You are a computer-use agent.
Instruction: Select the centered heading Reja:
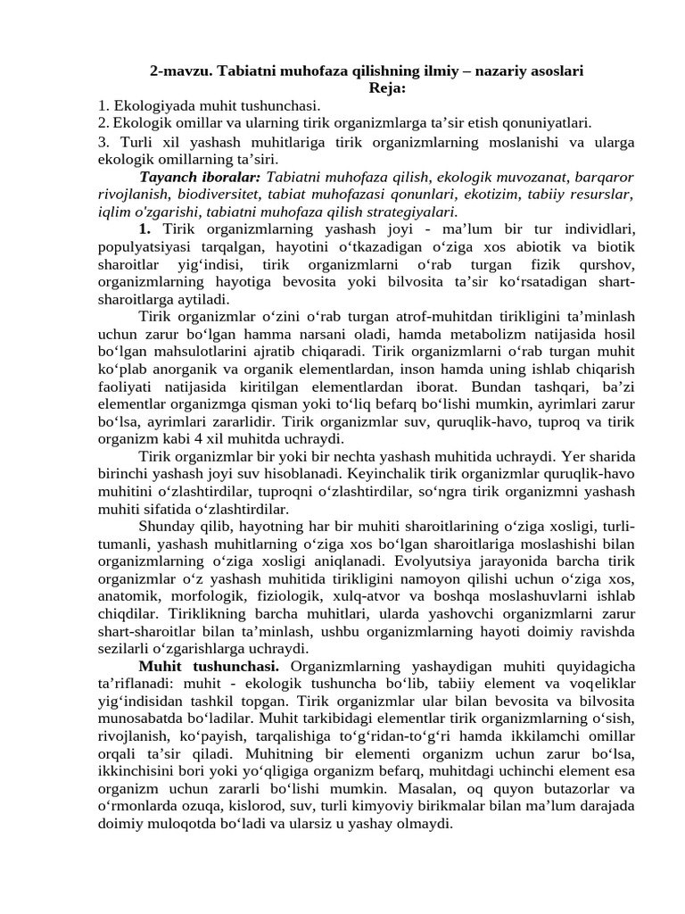(387, 87)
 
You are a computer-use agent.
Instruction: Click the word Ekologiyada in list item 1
(154, 105)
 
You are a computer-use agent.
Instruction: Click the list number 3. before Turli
(104, 142)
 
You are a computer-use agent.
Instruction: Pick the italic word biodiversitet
(221, 195)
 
